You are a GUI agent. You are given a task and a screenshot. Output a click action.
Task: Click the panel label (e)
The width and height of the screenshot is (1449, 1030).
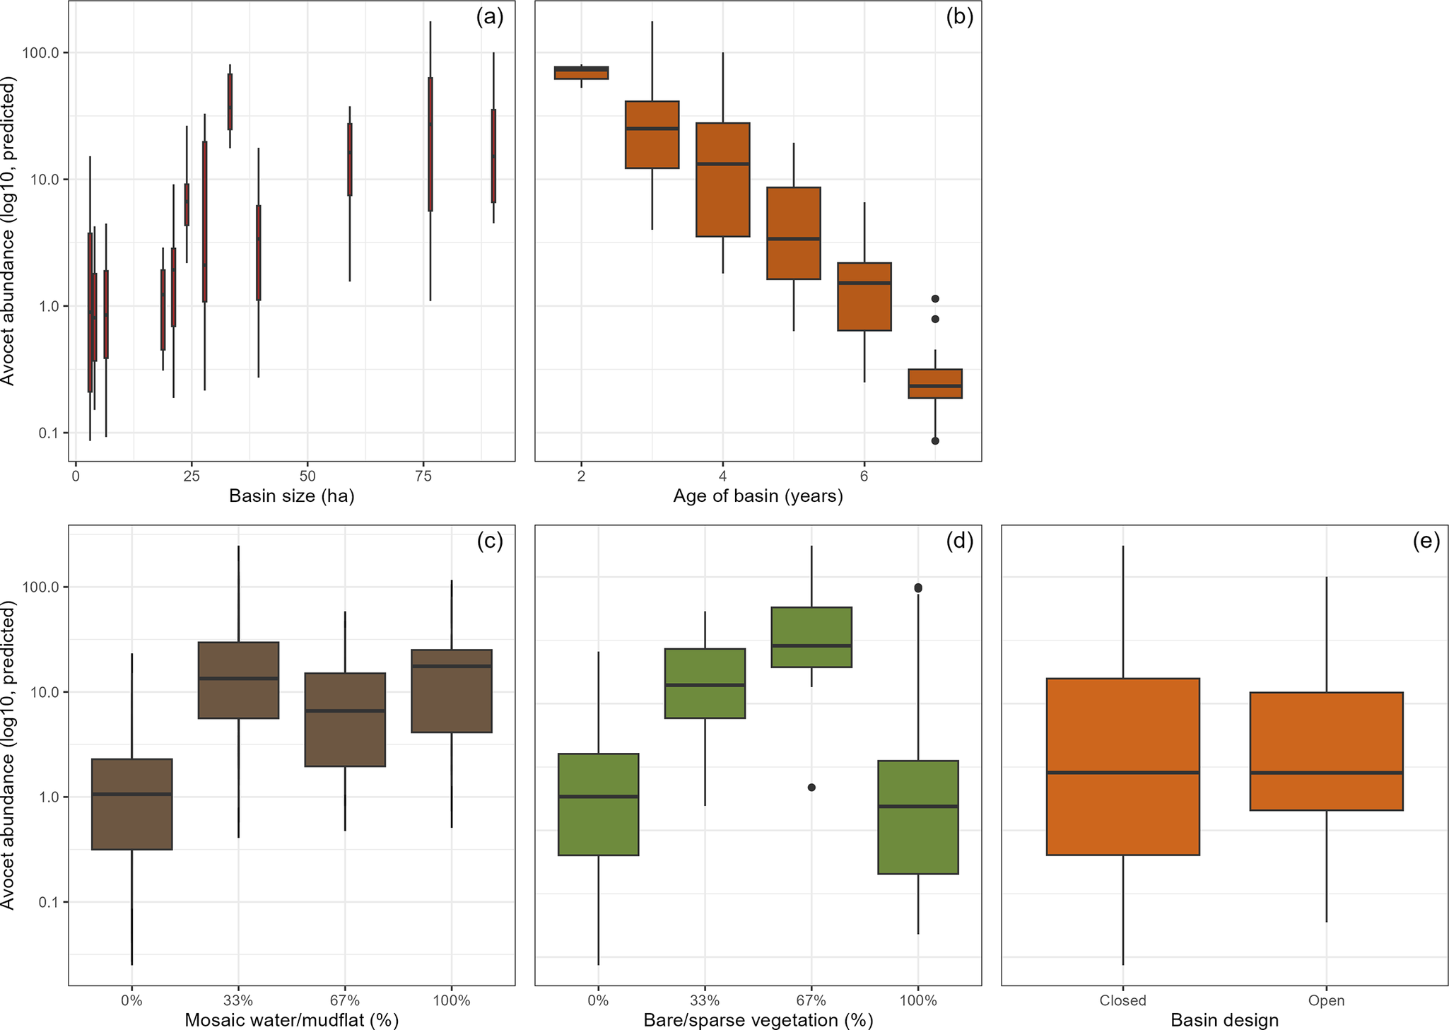[x=1426, y=542]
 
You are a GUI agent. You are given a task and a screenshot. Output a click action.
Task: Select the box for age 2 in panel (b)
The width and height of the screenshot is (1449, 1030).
[x=581, y=73]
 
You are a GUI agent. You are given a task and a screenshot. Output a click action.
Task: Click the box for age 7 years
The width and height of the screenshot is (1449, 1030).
[x=934, y=383]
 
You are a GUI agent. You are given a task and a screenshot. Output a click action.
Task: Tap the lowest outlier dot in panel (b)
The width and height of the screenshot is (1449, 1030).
[x=934, y=440]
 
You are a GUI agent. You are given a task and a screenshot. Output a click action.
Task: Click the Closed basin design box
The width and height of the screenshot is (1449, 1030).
[x=1122, y=766]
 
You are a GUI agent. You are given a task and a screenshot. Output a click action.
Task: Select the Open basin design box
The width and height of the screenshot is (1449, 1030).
[x=1326, y=751]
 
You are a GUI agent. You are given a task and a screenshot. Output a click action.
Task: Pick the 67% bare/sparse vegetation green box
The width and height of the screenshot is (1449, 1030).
[x=811, y=636]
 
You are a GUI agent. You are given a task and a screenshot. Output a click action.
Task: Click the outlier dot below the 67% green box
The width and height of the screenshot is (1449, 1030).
[x=811, y=788]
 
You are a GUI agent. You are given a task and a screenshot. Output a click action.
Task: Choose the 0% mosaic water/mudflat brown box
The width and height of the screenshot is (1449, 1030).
[x=132, y=804]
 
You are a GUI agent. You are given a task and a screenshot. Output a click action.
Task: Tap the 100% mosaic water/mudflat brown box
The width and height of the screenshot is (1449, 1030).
[x=452, y=691]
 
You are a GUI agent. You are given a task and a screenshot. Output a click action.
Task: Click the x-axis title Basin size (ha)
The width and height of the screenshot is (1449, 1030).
[x=291, y=496]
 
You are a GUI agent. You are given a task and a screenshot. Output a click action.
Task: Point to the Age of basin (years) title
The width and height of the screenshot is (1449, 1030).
[x=758, y=496]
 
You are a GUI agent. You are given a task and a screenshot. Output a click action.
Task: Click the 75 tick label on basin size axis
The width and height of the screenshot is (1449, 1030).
[x=423, y=476]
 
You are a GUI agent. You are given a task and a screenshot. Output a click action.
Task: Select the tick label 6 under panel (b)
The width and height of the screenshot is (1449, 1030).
[x=864, y=476]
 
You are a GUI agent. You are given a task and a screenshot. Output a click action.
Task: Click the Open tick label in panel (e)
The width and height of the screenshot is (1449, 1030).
[x=1326, y=1000]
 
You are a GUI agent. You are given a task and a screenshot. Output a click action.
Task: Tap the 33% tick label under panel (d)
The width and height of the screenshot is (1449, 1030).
[x=705, y=1000]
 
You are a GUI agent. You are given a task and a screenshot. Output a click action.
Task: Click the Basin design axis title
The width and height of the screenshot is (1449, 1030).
[x=1224, y=1020]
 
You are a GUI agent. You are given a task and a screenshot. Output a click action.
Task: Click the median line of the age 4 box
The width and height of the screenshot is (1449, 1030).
[x=722, y=164]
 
